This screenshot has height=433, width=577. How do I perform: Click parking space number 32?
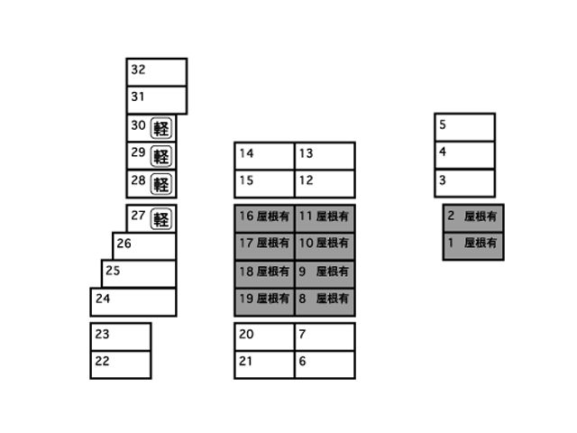157,72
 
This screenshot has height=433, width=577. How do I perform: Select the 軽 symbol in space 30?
161,128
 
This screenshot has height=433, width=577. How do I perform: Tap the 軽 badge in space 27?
161,219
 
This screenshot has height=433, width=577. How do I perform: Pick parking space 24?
133,302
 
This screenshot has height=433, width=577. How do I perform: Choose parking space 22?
121,364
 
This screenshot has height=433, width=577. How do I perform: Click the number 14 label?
246,153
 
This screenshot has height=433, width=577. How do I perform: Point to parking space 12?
325,184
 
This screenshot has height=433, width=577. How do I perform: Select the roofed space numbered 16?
264,218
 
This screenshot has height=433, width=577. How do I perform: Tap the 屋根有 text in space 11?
333,216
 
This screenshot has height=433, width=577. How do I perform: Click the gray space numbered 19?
264,302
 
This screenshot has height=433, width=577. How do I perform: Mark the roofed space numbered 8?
325,302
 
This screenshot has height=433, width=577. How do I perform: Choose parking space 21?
264,364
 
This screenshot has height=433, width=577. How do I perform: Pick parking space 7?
325,336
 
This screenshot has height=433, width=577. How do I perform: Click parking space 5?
465,127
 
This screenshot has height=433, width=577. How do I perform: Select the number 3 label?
443,180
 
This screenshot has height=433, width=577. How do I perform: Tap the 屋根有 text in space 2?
481,216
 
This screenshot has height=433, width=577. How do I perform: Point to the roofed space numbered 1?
473,246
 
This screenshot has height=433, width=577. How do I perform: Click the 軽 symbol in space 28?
161,184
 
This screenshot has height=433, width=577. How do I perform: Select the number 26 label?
124,244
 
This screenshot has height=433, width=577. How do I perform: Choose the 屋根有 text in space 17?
272,243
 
